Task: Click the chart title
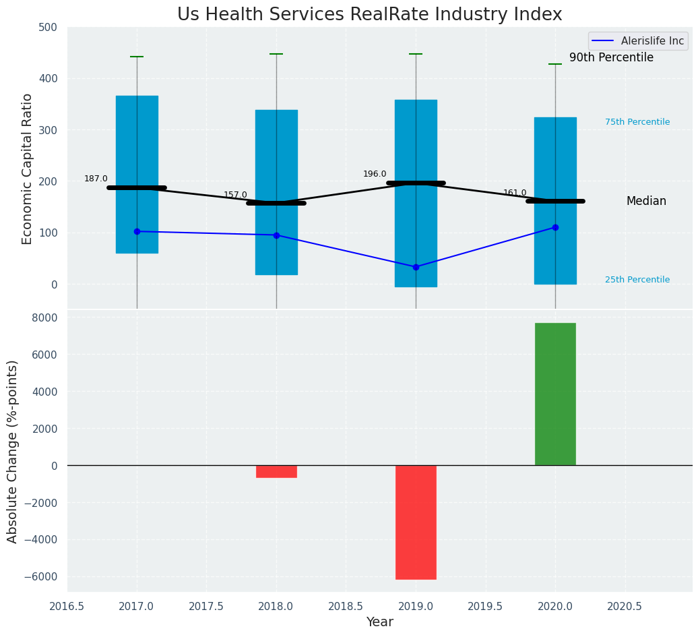(369, 15)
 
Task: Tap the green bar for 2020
(555, 394)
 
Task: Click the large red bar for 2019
(416, 522)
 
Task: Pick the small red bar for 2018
(276, 471)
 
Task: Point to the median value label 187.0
(96, 179)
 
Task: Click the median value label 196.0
(375, 174)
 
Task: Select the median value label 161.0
(515, 193)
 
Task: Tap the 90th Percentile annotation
(611, 58)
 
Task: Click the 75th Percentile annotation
(637, 122)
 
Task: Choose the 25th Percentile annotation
(637, 280)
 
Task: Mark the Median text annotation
(646, 201)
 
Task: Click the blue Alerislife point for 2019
(416, 267)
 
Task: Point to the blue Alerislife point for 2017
(137, 231)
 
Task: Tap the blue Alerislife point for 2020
(555, 227)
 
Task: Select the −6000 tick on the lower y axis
(42, 576)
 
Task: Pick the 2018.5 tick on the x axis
(346, 607)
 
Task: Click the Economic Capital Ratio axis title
(28, 169)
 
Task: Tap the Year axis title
(380, 622)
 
